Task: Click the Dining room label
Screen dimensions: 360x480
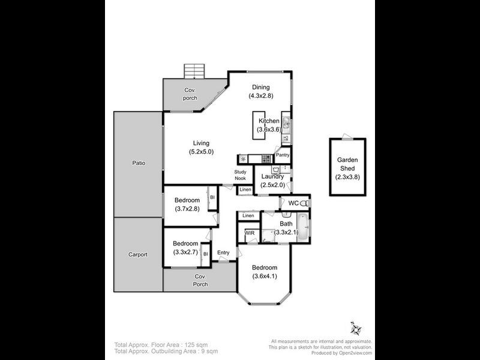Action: point(261,87)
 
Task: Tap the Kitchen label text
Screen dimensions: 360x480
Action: point(269,121)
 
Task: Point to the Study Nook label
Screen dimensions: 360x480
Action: point(240,175)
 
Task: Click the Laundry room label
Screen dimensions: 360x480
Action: point(273,176)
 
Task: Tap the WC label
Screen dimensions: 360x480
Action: point(293,203)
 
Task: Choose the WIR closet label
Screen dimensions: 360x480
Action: point(249,233)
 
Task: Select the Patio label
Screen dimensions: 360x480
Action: point(139,163)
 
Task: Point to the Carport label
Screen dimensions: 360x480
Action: point(138,254)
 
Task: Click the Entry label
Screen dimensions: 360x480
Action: point(223,253)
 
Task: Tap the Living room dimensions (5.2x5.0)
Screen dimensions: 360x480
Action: point(201,152)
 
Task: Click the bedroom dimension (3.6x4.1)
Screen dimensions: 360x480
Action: point(265,277)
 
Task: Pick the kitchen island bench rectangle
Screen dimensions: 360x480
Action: point(259,125)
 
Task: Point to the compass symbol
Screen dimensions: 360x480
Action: point(356,329)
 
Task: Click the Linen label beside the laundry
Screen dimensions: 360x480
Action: point(245,190)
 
